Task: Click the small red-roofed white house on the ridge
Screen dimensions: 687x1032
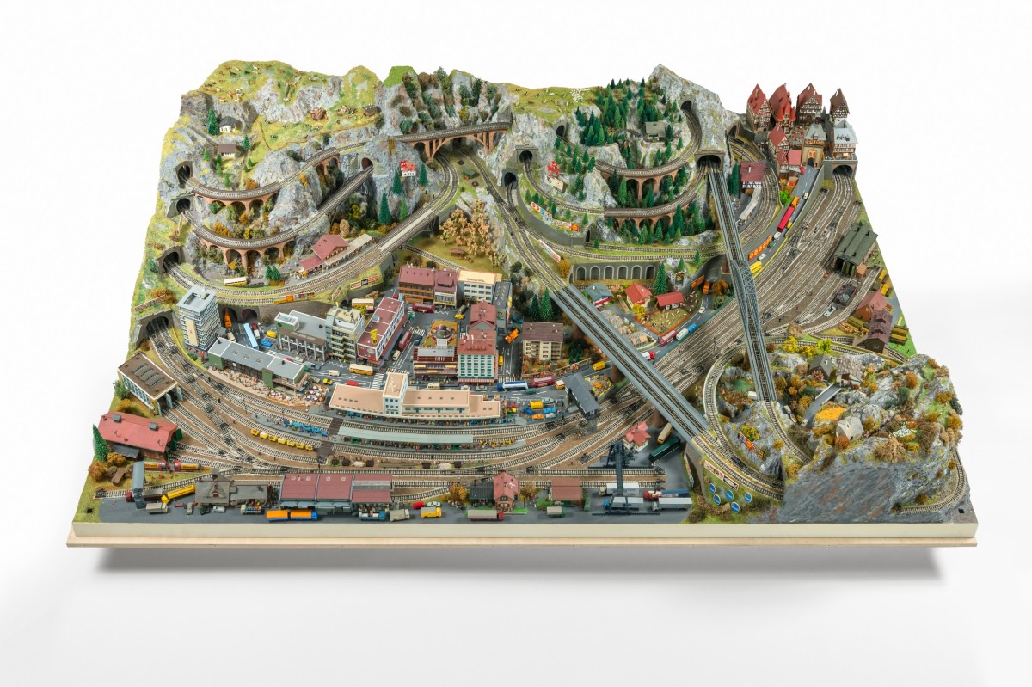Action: click(x=408, y=168)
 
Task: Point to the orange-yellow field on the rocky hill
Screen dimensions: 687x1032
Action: click(x=831, y=414)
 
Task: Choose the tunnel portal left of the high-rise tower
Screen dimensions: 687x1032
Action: click(x=157, y=325)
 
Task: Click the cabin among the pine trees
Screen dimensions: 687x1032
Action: click(x=656, y=129)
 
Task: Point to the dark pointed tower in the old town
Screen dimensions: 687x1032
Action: click(x=838, y=104)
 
